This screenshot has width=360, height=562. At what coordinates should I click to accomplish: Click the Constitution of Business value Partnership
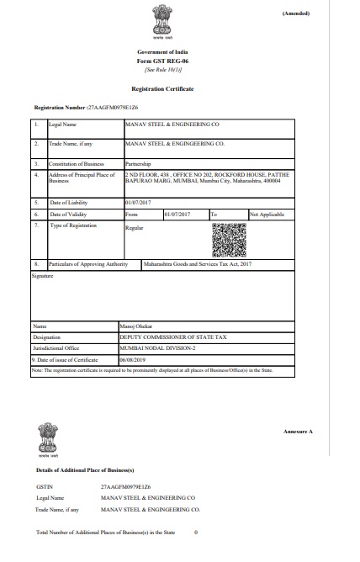(139, 166)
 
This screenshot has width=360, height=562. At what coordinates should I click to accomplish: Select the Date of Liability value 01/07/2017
(136, 203)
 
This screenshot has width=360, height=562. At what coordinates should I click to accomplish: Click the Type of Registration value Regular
(135, 228)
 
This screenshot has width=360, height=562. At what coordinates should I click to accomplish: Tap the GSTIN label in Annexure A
(45, 487)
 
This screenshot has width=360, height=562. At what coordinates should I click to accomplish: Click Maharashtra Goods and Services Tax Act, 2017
(198, 264)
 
